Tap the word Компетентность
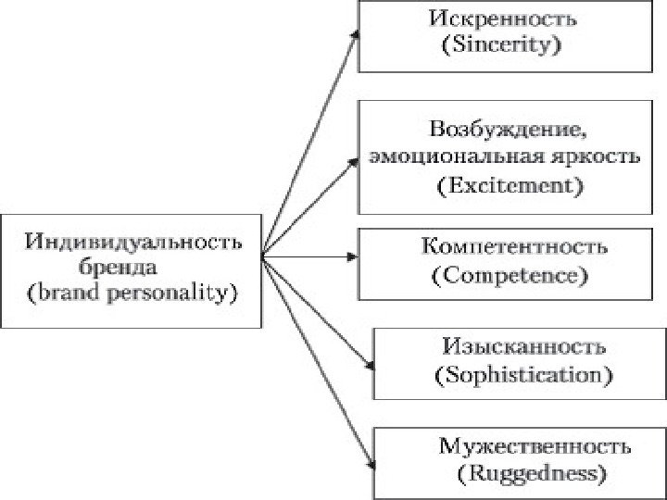tap(513, 247)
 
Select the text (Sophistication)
tap(522, 376)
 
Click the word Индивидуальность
tap(133, 243)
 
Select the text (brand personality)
tap(133, 294)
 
